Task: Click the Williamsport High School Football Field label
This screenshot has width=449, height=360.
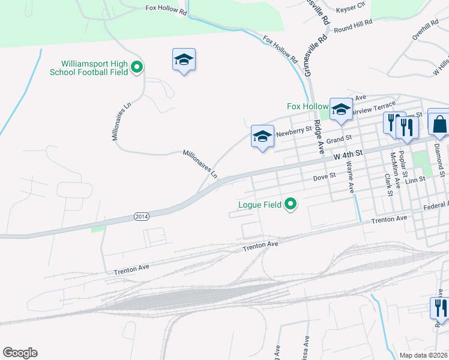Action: [x=94, y=68]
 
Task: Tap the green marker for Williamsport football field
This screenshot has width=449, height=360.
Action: [x=137, y=68]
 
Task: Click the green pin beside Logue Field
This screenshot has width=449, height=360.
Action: [x=291, y=205]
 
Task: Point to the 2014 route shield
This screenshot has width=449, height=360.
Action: [x=141, y=216]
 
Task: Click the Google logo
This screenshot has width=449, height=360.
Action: [x=20, y=353]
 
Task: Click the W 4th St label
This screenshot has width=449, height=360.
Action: [x=349, y=155]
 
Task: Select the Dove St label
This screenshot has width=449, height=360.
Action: [x=324, y=178]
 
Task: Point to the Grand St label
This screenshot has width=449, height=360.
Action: [x=339, y=140]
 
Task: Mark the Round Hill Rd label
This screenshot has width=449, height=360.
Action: [x=354, y=25]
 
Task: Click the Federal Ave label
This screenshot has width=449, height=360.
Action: [x=435, y=206]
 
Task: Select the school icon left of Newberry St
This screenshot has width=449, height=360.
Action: [x=262, y=137]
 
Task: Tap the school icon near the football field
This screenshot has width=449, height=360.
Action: [x=184, y=60]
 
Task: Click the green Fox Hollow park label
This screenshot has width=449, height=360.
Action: [x=307, y=106]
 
